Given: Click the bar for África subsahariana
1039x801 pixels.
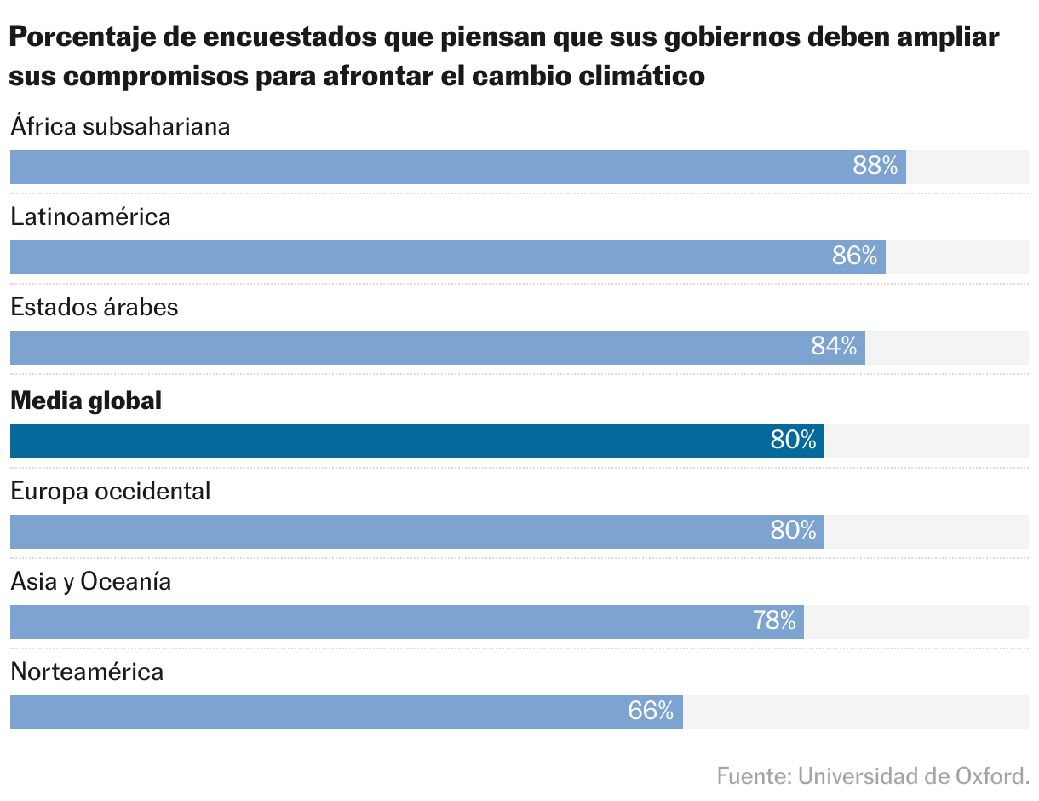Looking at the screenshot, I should (426, 167).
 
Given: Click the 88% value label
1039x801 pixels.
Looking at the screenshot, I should (875, 166).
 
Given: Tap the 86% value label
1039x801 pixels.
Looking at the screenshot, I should (855, 256).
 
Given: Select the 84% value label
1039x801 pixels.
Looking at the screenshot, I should (835, 347).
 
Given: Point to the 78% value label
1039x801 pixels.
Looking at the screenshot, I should (774, 621).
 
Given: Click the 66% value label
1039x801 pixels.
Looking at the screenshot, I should (652, 712).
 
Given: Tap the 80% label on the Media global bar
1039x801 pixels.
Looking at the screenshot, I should (794, 441).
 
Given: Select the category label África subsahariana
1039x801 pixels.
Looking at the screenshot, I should (121, 126).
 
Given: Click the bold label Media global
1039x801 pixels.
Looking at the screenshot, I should (86, 400).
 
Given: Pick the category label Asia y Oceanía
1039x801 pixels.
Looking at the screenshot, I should (91, 582).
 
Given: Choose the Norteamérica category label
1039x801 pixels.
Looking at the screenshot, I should (87, 671).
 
